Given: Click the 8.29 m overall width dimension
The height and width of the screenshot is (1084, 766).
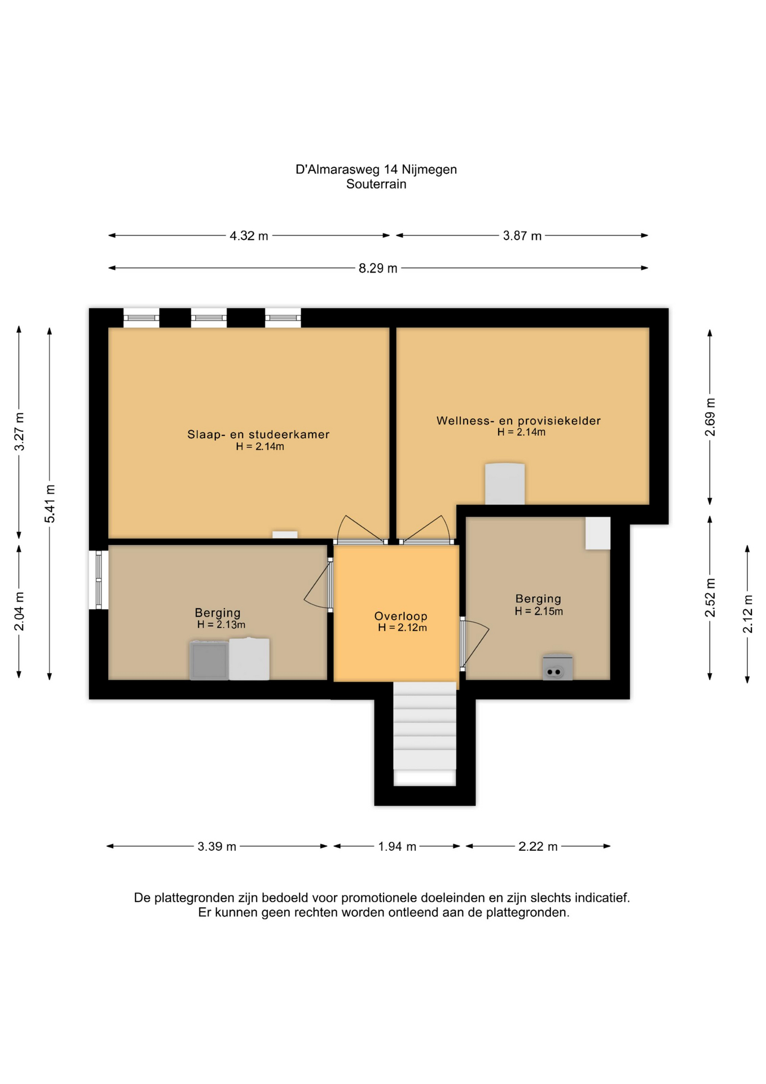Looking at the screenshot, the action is [378, 268].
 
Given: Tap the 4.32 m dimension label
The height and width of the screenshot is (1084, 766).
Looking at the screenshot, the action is [249, 236].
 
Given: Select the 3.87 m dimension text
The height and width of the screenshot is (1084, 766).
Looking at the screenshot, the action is [522, 236].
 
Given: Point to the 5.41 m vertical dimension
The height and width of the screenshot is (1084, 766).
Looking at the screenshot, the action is [50, 504].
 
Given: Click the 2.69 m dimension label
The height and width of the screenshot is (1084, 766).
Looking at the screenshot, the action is [710, 417].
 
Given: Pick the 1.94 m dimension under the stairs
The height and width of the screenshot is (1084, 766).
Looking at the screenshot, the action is [397, 847].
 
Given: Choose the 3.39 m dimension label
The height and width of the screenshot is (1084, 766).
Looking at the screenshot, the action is [217, 847].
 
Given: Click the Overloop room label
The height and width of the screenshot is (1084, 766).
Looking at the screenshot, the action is [401, 617].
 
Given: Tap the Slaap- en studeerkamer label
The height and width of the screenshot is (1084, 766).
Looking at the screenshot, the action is [258, 435].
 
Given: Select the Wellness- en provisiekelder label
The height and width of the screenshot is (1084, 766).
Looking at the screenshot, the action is [518, 421].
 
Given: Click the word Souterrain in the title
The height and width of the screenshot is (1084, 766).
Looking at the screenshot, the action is [376, 184].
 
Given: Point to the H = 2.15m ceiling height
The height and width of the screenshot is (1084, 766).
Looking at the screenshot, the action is [539, 611].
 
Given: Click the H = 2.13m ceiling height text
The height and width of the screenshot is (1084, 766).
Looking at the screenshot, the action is [221, 625].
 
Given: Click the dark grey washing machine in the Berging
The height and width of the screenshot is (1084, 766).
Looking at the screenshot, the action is [209, 660].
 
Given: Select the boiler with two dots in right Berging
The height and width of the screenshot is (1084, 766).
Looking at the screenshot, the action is [558, 667].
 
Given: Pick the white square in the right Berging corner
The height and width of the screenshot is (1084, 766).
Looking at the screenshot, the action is [598, 533].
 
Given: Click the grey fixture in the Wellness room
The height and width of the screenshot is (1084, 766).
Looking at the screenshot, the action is [505, 484].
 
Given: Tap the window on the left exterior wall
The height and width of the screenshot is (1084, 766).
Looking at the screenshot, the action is [99, 580].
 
